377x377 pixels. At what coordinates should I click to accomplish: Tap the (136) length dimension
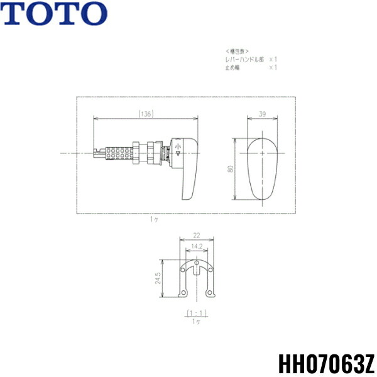(146, 114)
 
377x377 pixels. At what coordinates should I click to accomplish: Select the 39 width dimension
(261, 114)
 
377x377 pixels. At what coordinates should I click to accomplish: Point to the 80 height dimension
(232, 169)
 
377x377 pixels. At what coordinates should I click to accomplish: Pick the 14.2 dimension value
(196, 246)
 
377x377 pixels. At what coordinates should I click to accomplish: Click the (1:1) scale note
(196, 312)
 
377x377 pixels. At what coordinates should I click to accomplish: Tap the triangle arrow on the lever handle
(178, 152)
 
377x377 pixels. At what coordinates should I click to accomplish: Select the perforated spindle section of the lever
(119, 153)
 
